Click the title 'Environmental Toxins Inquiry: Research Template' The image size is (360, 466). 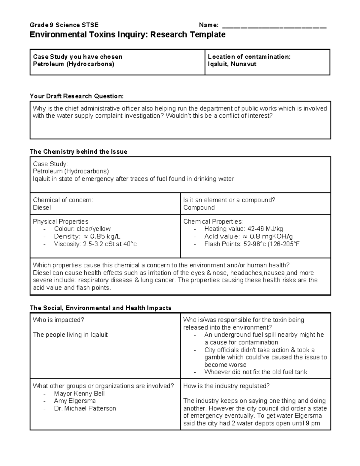[x=127, y=35]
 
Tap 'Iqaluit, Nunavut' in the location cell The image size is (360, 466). [x=232, y=64]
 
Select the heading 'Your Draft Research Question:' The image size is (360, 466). [x=76, y=96]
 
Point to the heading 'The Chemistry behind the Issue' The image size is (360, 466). [x=79, y=152]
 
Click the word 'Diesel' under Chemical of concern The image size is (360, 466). [x=42, y=208]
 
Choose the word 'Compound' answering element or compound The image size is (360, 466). [x=199, y=208]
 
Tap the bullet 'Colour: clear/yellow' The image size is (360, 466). [x=82, y=229]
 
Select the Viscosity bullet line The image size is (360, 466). [x=95, y=244]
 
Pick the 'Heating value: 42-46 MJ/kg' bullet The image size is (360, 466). [x=243, y=229]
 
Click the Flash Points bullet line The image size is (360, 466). [x=252, y=244]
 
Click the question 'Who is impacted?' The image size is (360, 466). [x=58, y=320]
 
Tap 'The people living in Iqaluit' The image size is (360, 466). [x=70, y=335]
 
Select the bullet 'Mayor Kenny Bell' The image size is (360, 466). [x=79, y=393]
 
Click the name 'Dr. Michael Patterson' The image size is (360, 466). [x=85, y=408]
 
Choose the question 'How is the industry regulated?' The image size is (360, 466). [x=226, y=386]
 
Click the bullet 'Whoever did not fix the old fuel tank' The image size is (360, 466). [x=256, y=372]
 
